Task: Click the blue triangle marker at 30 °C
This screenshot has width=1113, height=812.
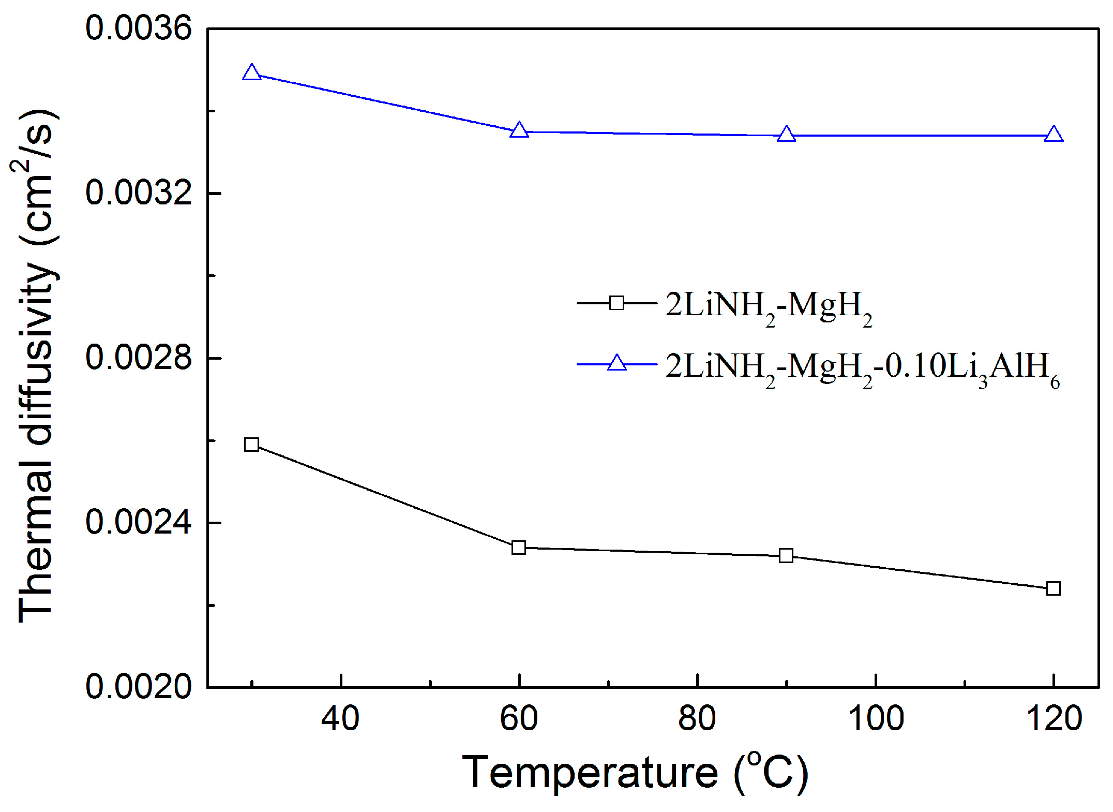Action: tap(251, 73)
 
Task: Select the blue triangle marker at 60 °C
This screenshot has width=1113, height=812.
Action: tap(519, 130)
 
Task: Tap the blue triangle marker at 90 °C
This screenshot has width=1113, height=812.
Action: tap(786, 135)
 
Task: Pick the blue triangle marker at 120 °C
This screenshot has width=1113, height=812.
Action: tap(1054, 135)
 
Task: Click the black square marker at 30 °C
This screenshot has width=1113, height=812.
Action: tap(251, 445)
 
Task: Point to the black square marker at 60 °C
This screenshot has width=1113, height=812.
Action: tap(519, 548)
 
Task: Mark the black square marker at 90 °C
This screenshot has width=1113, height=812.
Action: tap(786, 556)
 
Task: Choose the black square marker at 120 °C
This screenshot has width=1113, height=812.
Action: tap(1054, 588)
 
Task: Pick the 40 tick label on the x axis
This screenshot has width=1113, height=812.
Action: tap(340, 719)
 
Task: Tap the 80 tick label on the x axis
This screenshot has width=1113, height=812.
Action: tap(697, 719)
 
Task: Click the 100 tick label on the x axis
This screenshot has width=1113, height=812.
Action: tap(876, 719)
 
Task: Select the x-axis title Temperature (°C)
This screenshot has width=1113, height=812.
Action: tap(635, 773)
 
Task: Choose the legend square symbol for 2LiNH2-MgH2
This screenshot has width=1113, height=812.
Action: tap(616, 303)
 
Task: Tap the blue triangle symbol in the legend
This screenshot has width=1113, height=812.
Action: tap(616, 363)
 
